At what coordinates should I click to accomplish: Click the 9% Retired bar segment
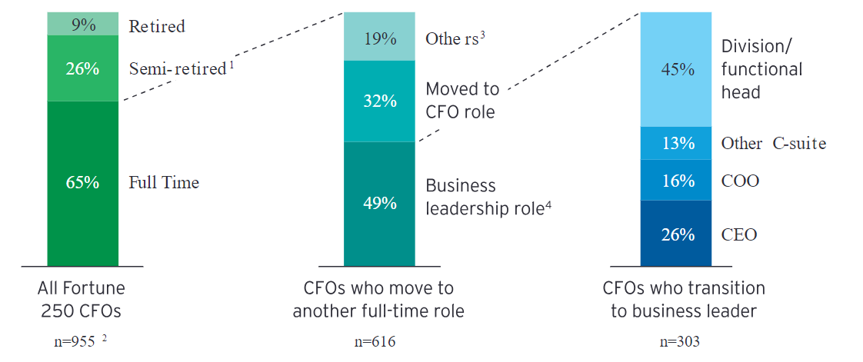coord(83,25)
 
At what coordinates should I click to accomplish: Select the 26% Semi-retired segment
coord(83,68)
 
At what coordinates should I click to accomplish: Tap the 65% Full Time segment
coord(83,183)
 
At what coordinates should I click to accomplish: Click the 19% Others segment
coord(379,38)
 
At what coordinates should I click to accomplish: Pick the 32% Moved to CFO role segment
coord(379,101)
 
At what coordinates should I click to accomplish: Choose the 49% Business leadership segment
coord(379,203)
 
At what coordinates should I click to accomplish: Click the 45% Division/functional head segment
coord(678,69)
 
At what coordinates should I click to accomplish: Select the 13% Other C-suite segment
coord(678,143)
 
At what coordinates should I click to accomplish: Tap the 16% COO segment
coord(678,181)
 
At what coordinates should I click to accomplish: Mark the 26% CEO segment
coord(678,234)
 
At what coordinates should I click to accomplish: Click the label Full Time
coord(164,183)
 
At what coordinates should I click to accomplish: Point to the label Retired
coord(157,26)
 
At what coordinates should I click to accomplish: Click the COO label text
coord(740,181)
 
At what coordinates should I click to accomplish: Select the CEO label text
coord(738,234)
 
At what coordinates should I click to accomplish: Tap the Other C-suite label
coord(773,144)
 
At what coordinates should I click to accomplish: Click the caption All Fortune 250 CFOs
coord(81,300)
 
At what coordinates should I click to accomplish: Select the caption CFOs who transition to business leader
coord(684,300)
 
